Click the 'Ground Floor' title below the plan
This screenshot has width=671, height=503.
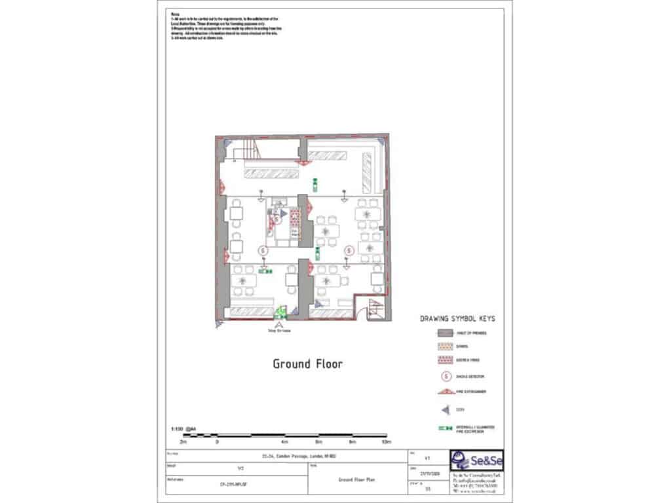coord(307,363)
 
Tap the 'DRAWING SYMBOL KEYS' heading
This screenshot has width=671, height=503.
coord(457,319)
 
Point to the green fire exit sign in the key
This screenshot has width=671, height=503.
coord(446,428)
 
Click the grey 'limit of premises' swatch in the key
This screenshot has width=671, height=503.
coord(446,333)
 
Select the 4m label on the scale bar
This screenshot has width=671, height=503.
coord(284,442)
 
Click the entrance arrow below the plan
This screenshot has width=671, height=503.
coord(280,324)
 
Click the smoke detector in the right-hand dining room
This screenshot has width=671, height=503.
coord(349,249)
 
